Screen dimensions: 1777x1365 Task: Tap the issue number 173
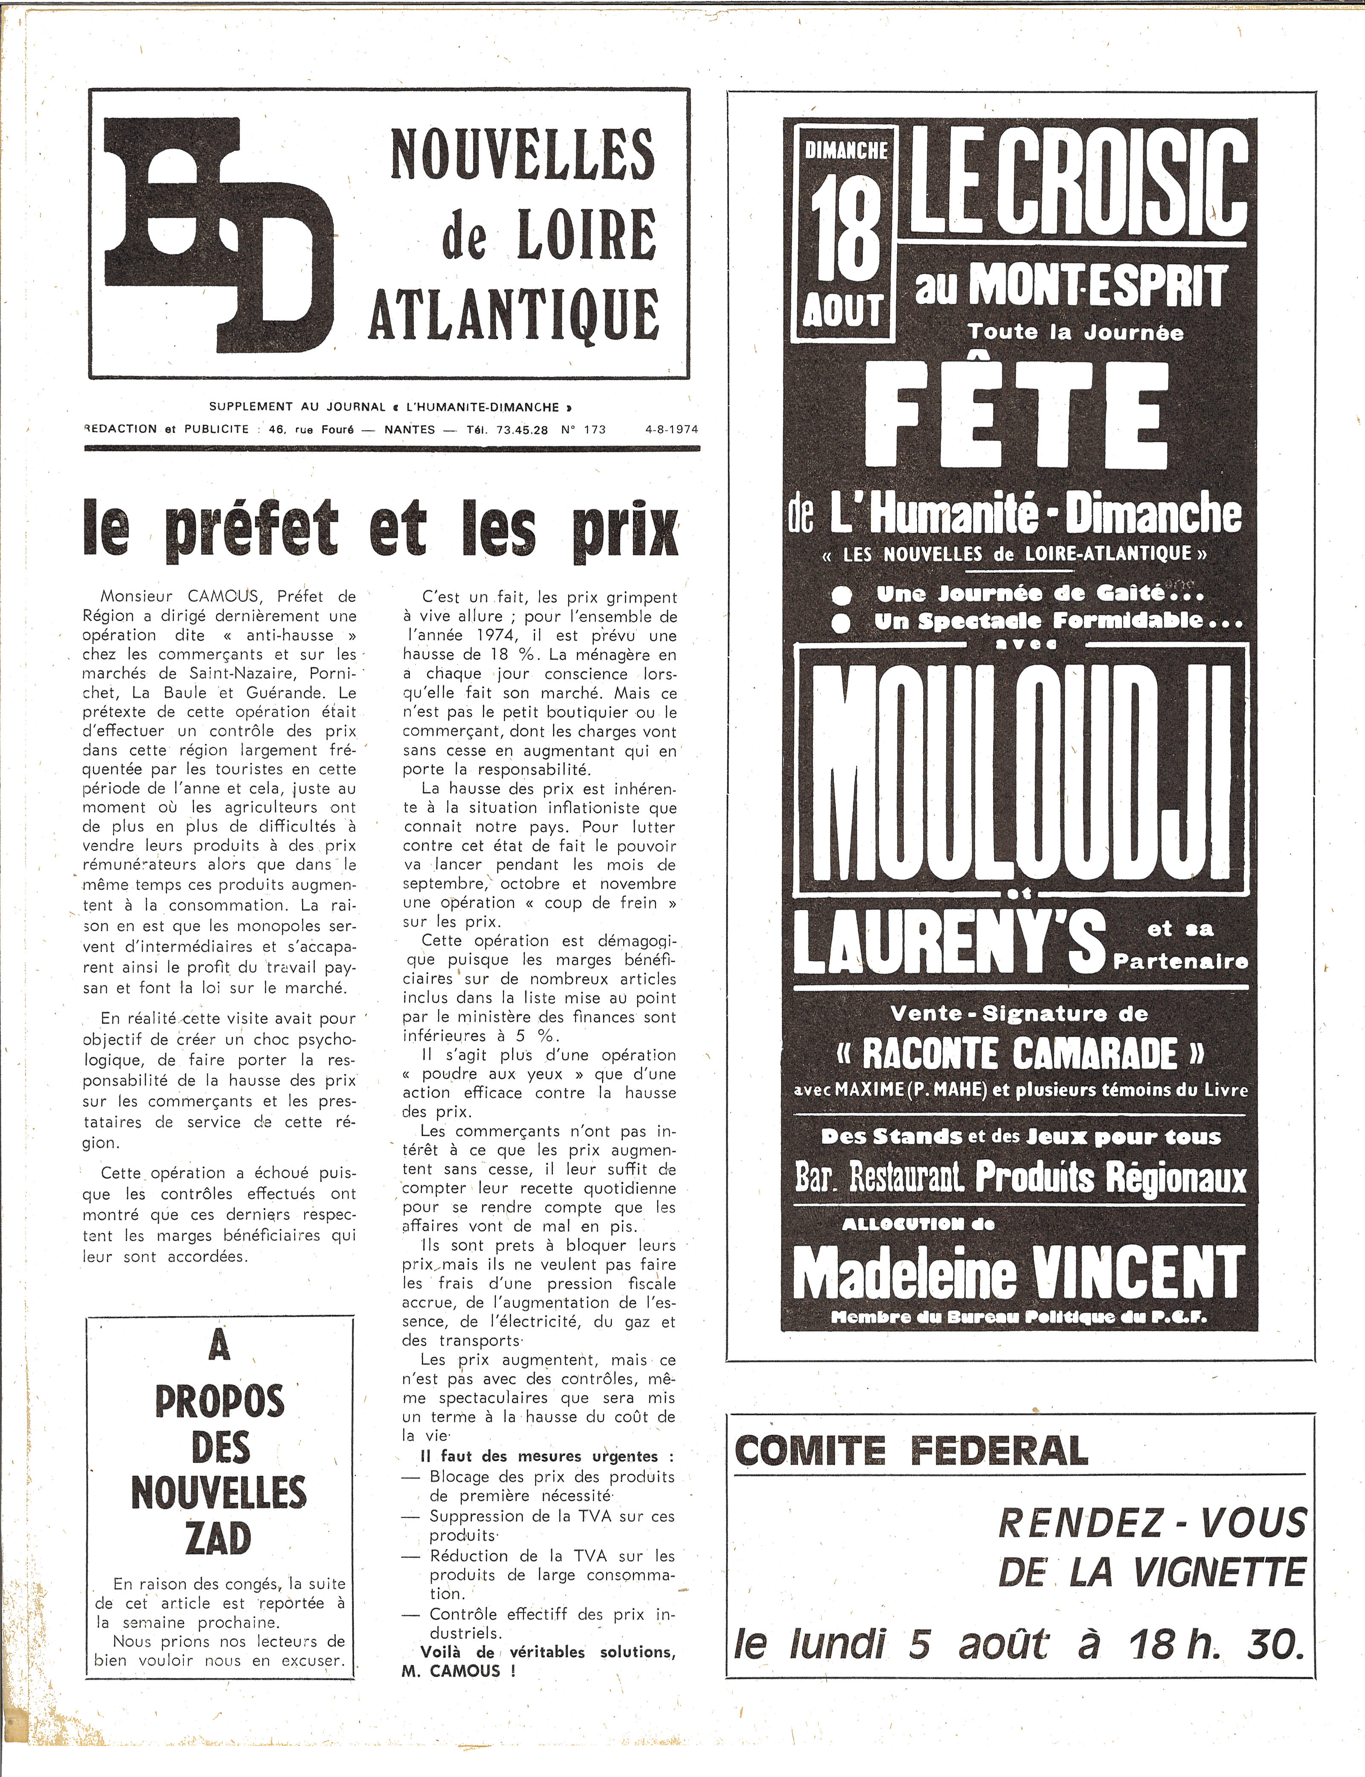coord(595,430)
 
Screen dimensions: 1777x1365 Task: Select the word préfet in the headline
coord(251,530)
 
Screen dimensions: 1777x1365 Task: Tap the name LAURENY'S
coord(949,942)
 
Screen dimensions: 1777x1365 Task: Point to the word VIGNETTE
coord(1219,1573)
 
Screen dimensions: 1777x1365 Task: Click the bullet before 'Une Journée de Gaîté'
coord(842,595)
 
